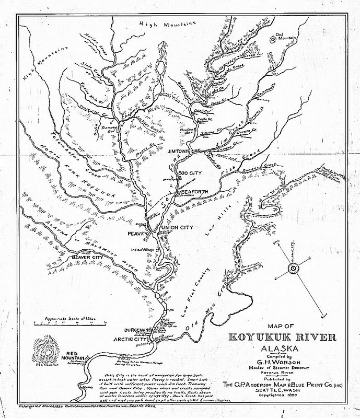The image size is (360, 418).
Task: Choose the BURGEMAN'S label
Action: pos(137,331)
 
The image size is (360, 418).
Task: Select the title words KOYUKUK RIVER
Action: pos(285,335)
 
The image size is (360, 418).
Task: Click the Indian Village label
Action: pos(143,249)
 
